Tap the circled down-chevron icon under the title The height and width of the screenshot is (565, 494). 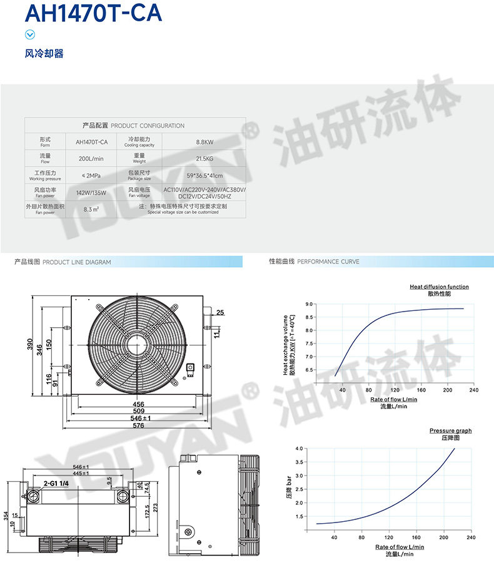(29, 35)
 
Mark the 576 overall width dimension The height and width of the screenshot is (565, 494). (138, 425)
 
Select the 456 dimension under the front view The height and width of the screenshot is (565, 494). (138, 404)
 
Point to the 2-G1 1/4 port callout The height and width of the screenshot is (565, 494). (57, 484)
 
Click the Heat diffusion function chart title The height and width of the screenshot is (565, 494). (439, 287)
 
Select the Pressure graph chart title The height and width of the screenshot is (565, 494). (450, 430)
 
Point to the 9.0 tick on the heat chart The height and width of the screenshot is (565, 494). (309, 304)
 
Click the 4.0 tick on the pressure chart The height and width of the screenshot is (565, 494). (299, 449)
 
